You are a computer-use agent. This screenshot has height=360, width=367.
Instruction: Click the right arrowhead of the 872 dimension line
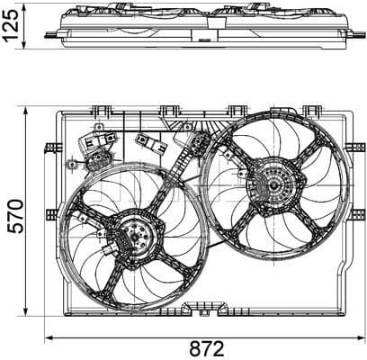click(363, 337)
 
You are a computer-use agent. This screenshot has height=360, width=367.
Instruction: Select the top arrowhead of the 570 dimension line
click(27, 111)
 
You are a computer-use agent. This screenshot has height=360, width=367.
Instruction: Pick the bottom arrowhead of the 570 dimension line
click(27, 316)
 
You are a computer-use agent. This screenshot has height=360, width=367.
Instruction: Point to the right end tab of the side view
click(358, 34)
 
